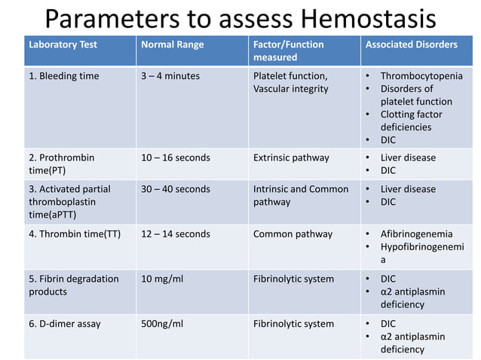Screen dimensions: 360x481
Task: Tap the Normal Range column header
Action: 173,44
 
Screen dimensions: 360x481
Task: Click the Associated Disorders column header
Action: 411,44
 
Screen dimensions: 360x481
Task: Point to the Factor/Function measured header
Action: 289,50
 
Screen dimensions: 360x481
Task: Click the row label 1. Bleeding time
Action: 64,76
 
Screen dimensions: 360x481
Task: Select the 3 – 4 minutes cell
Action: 170,76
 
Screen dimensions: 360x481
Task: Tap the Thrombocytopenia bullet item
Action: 421,76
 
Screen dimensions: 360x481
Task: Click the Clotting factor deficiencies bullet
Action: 411,121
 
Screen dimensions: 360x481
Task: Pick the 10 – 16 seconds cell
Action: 176,158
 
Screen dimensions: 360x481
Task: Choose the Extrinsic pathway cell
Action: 291,158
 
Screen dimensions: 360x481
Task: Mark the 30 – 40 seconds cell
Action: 176,189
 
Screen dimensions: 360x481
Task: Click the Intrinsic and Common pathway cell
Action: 301,195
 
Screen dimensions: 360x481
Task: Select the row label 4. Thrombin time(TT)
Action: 75,234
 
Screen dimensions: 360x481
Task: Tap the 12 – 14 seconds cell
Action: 176,234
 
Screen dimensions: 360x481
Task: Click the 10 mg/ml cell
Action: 162,279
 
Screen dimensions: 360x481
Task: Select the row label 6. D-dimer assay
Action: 65,324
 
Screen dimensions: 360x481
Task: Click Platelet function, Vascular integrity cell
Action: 290,82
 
